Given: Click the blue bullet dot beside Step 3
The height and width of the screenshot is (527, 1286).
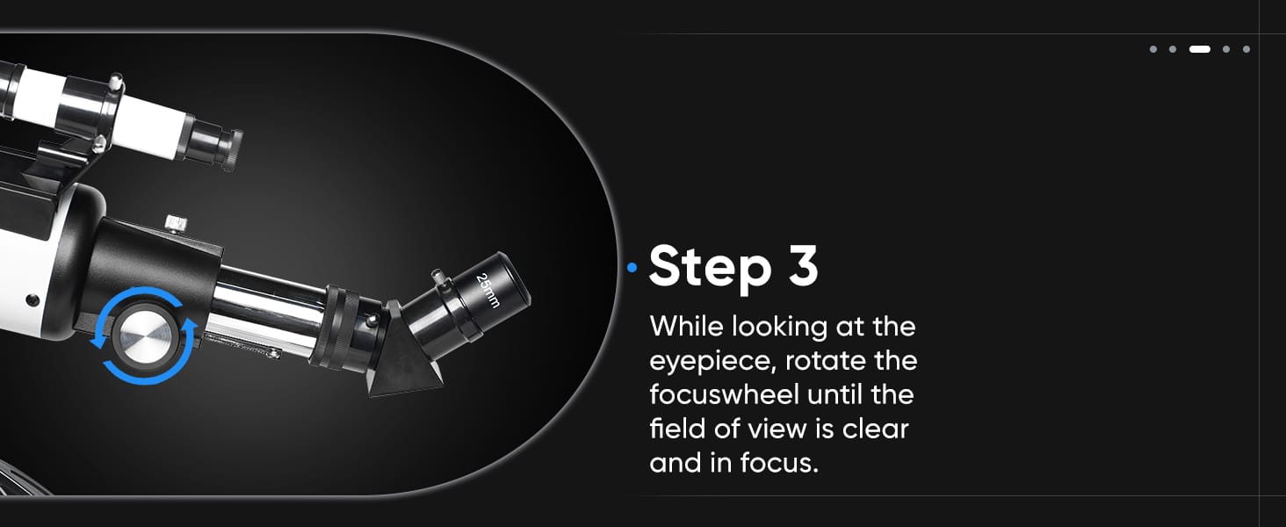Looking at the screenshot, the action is (632, 267).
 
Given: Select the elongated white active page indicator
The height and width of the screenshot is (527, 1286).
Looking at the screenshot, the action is (1200, 49).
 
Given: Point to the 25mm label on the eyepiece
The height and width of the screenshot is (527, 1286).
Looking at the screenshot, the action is (489, 290).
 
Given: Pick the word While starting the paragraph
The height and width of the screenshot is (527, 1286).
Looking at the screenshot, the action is (686, 326).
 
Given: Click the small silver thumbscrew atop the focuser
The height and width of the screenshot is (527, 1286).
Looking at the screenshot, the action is (177, 223).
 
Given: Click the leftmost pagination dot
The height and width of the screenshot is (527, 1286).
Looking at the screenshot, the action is (1153, 49).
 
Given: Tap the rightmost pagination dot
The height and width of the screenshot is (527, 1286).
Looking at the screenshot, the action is (1246, 49).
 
